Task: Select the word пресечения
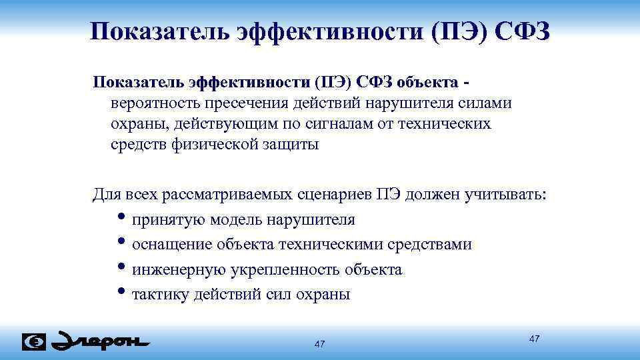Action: click(243, 103)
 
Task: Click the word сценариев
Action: click(335, 194)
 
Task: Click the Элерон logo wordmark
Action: click(101, 341)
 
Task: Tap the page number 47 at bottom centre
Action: click(319, 344)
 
